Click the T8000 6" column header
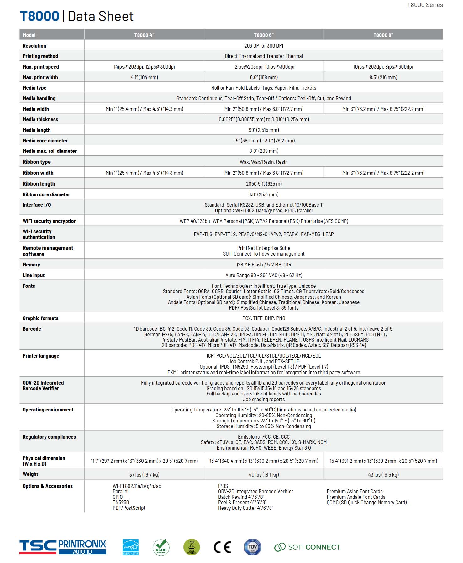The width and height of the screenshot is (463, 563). tap(264, 35)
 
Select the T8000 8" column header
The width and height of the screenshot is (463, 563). tap(383, 35)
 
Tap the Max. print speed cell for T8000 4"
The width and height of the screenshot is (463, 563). tap(144, 67)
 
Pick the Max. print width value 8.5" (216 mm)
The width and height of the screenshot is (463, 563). tap(383, 77)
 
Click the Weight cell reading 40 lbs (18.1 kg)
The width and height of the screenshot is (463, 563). tap(264, 475)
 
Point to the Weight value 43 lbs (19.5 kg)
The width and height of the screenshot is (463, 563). tap(383, 475)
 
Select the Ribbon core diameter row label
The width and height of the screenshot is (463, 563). tap(46, 194)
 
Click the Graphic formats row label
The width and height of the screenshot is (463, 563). tap(40, 318)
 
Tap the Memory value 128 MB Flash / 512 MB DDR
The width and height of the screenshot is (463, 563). tap(264, 265)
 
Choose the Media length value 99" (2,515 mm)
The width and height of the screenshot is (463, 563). tap(264, 130)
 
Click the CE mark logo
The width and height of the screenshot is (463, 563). tap(222, 547)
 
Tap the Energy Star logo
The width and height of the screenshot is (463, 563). tap(130, 547)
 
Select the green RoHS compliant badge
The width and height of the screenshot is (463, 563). tap(161, 547)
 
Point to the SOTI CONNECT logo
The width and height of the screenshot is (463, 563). tap(307, 547)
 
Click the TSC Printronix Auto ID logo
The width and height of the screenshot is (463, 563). tap(63, 547)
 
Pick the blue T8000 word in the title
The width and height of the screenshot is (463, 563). tap(39, 16)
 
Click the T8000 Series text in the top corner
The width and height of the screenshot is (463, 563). tap(425, 5)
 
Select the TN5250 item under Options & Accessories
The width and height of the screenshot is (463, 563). tap(121, 502)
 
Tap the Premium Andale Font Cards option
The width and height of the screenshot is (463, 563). tap(356, 497)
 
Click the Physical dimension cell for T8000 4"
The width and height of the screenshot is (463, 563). tap(144, 461)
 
